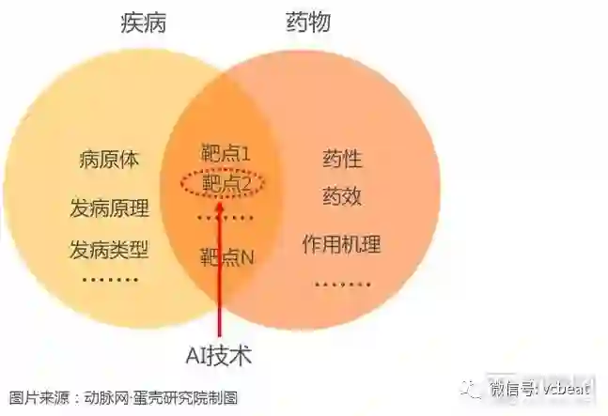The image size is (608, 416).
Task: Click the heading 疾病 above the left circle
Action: click(144, 23)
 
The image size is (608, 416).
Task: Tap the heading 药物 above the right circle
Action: click(307, 23)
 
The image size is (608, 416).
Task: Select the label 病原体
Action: click(109, 160)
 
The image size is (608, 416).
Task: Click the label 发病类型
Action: click(109, 250)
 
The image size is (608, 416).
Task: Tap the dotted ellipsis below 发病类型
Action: click(109, 280)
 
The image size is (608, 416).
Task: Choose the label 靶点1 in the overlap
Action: click(226, 152)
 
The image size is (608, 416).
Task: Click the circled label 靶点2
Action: click(226, 183)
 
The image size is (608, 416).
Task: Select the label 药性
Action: click(341, 159)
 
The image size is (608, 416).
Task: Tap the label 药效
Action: click(341, 196)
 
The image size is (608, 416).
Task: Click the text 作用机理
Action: click(341, 245)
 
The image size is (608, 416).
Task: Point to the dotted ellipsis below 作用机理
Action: click(341, 284)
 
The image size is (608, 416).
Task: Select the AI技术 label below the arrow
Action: click(219, 357)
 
